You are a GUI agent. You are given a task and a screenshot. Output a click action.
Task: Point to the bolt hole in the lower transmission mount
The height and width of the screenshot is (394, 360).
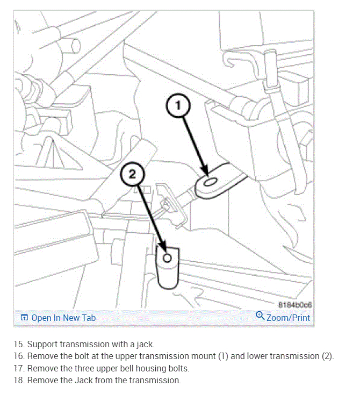tap(167, 259)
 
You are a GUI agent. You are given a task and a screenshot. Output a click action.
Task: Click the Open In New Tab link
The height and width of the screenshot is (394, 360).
tap(63, 318)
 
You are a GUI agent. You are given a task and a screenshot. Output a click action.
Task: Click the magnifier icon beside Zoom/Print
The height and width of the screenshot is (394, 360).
tap(260, 316)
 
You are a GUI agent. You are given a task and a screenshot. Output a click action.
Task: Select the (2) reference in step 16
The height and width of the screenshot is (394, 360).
tap(328, 356)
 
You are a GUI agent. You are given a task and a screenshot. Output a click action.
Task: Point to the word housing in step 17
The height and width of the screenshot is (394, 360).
tap(154, 368)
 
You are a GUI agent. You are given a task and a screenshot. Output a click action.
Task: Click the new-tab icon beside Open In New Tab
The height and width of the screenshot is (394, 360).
tap(24, 318)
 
